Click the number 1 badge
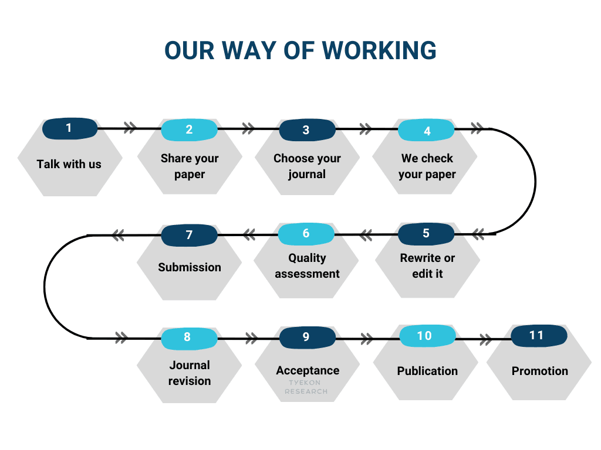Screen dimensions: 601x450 70,128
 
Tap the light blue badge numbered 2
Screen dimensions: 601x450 189,129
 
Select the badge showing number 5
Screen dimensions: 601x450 426,234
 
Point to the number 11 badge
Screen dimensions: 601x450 539,336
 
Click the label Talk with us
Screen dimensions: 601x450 69,164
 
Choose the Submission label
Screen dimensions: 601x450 190,267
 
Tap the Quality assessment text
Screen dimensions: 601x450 307,266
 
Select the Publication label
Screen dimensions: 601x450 427,371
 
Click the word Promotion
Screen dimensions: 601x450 540,371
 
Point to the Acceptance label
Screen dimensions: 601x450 308,370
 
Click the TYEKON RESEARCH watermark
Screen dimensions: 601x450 306,387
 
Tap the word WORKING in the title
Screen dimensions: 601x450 379,50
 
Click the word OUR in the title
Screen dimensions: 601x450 189,50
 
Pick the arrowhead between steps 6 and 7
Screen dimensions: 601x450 249,234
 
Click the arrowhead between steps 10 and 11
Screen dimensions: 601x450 485,339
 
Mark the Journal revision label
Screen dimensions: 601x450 190,373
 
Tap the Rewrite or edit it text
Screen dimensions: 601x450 427,266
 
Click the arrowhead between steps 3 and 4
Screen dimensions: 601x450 366,129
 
